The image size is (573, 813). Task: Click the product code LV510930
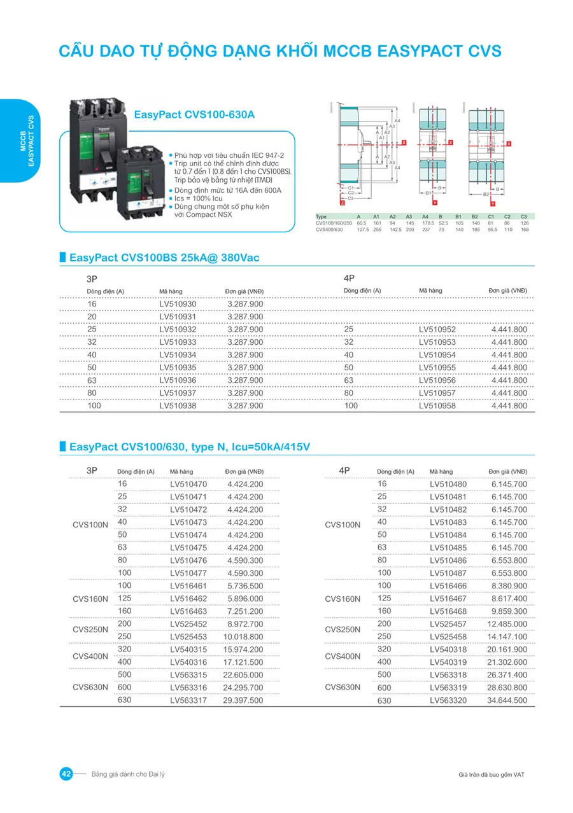[x=178, y=304]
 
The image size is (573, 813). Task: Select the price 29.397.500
[x=243, y=700]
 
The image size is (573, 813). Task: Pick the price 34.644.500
[x=507, y=700]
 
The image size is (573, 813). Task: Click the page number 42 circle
[x=66, y=774]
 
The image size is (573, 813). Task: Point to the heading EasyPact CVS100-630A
[x=194, y=115]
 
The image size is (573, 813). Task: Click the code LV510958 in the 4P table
[x=437, y=406]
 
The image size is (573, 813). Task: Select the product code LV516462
[x=188, y=599]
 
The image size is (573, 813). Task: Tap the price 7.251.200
[x=244, y=611]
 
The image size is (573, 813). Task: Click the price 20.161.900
[x=507, y=650]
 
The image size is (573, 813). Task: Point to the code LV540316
[x=188, y=662]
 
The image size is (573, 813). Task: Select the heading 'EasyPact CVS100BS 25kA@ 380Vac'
[x=164, y=258]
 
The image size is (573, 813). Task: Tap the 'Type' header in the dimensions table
[x=321, y=217]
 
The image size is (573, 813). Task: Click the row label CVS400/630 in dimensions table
[x=329, y=230]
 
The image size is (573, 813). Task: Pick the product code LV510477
[x=188, y=573]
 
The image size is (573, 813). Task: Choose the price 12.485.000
[x=507, y=624]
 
